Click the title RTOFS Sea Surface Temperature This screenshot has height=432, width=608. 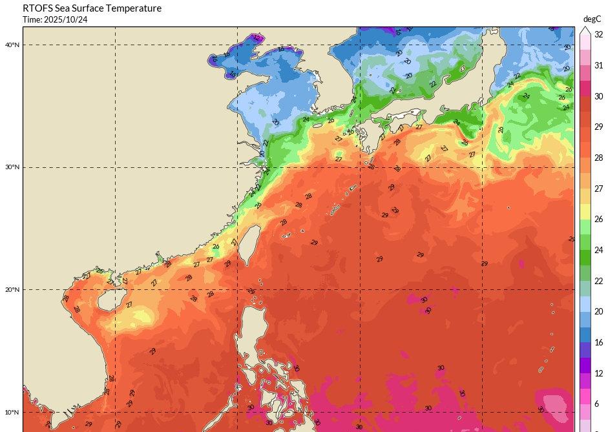tap(92, 8)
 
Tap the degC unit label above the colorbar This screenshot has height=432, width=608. tap(592, 19)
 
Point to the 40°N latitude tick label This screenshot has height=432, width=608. tap(12, 45)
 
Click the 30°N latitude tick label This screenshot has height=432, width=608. tap(12, 167)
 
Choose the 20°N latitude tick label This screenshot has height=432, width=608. tap(12, 289)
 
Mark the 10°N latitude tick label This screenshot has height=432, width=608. tap(12, 412)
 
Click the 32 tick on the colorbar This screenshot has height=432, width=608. tap(598, 35)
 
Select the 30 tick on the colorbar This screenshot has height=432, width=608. tap(598, 96)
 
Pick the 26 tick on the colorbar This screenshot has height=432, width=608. tap(598, 220)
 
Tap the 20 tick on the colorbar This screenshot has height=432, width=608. tap(598, 311)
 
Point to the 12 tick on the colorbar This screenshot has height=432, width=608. tap(598, 373)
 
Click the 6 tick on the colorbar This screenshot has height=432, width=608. tap(598, 404)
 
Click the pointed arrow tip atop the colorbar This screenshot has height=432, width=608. tap(584, 28)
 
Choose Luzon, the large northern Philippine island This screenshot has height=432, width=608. tap(255, 323)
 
